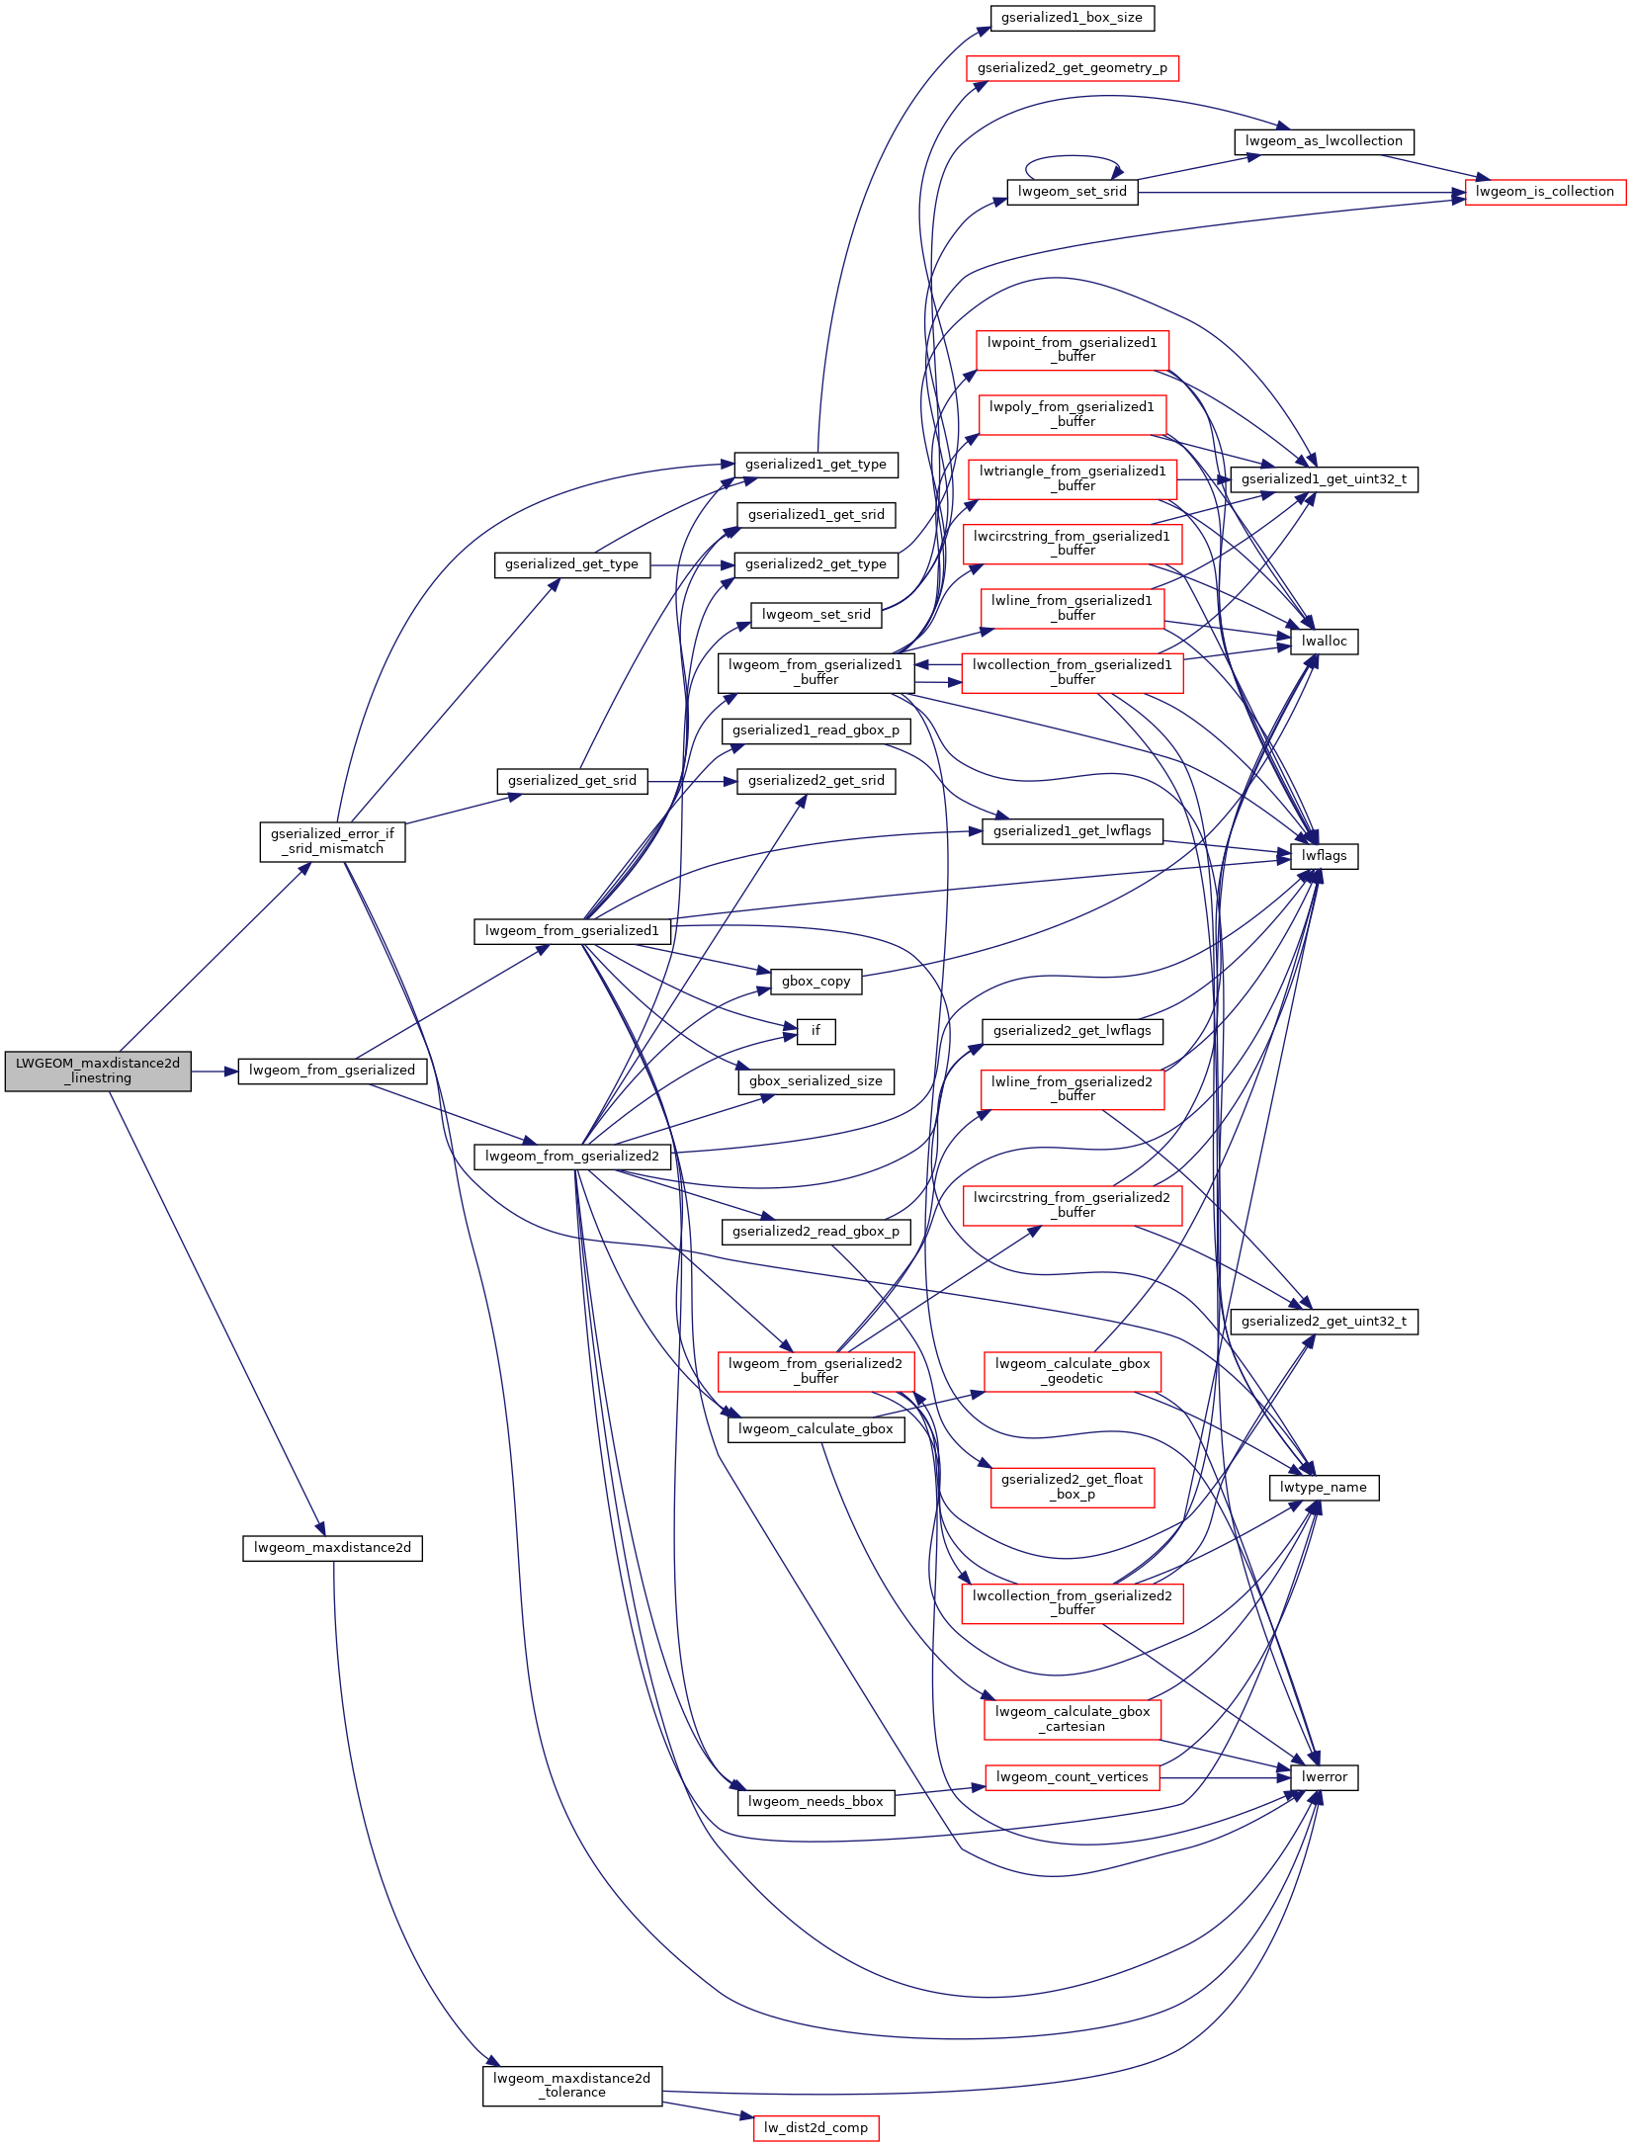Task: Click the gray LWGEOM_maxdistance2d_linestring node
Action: point(98,1071)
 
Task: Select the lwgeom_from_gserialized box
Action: point(332,1071)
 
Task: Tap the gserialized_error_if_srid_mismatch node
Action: point(332,841)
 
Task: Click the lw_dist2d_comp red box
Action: point(816,2127)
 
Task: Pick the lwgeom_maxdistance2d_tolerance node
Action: point(572,2086)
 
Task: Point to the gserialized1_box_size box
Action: point(1072,18)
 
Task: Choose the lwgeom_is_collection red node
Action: point(1544,192)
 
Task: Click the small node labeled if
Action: point(816,1031)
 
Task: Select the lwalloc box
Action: point(1324,642)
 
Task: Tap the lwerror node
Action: point(1324,1776)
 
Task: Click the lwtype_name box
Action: point(1324,1487)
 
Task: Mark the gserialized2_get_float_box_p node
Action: point(1072,1487)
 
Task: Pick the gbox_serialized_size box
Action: point(816,1081)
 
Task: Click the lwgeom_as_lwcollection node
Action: point(1324,141)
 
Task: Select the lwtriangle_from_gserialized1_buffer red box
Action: point(1072,478)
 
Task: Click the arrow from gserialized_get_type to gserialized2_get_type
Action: point(692,565)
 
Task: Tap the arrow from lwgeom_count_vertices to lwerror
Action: point(1226,1777)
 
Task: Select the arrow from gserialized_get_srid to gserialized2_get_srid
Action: point(692,781)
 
